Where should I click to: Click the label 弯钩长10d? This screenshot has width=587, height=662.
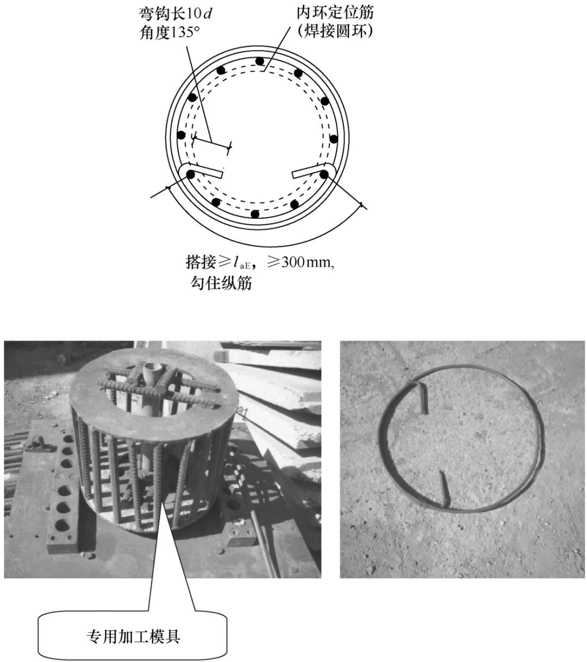[175, 14]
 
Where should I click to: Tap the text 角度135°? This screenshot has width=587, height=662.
[170, 33]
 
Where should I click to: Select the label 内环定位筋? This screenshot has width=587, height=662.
[335, 12]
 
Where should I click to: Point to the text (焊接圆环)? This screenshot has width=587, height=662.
[335, 31]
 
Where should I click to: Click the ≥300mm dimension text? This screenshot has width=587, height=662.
[301, 262]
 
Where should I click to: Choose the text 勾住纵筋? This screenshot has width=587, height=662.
[221, 283]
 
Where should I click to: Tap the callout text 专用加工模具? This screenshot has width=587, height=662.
[133, 636]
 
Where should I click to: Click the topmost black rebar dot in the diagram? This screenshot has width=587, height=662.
[260, 61]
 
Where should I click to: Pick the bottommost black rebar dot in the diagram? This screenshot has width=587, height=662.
[255, 215]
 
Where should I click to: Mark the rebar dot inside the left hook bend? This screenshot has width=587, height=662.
[190, 175]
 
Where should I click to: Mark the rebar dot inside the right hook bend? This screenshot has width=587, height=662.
[324, 174]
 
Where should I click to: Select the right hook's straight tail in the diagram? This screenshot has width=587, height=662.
[309, 171]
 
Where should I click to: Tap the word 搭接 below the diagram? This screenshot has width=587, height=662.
[201, 262]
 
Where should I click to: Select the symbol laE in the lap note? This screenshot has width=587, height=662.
[242, 262]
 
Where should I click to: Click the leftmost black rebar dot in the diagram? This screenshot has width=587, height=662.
[181, 135]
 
